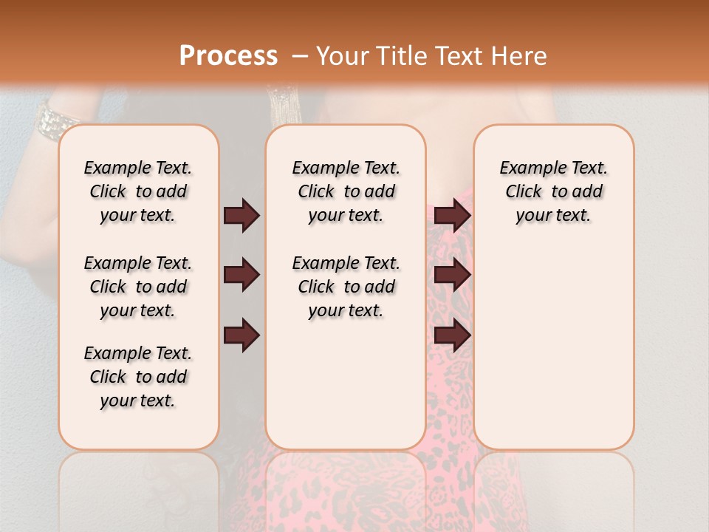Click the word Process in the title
227,55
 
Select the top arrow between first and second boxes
242,215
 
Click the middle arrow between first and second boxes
242,275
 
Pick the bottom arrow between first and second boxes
242,335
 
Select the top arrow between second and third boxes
452,215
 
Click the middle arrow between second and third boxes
452,275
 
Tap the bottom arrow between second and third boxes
452,335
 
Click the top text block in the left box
138,191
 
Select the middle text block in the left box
138,287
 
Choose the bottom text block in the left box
138,377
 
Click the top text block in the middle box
346,191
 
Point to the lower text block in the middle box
346,287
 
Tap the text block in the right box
553,191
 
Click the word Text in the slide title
462,56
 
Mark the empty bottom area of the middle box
346,392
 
